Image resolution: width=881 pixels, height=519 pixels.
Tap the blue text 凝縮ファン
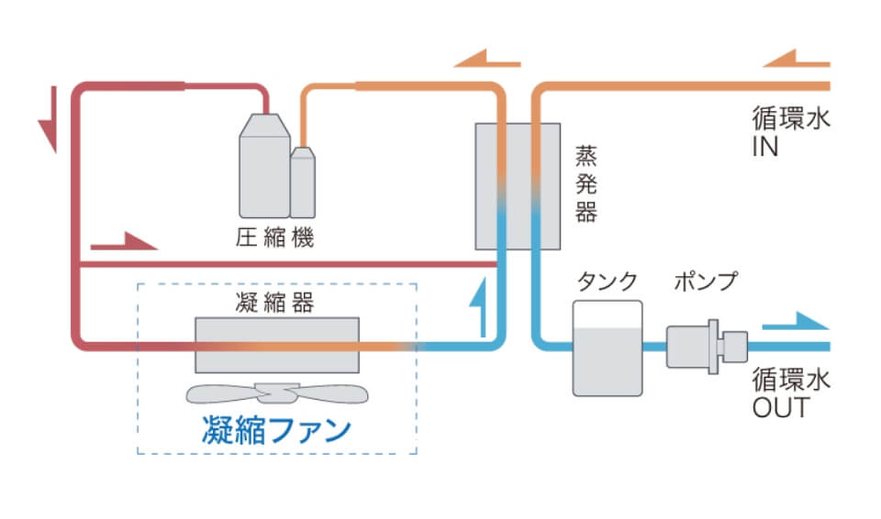click(x=275, y=429)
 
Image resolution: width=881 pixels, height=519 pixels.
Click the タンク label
click(x=606, y=282)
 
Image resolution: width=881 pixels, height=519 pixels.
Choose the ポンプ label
click(x=704, y=282)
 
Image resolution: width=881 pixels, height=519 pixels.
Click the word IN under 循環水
click(x=765, y=147)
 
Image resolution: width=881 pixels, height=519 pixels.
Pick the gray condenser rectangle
click(x=276, y=345)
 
